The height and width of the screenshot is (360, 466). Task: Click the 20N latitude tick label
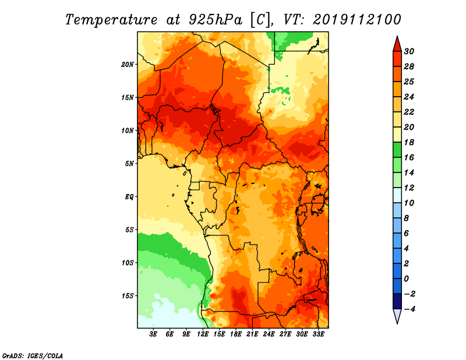128,65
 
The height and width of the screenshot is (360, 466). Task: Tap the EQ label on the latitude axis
129,197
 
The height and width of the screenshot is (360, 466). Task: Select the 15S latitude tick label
128,296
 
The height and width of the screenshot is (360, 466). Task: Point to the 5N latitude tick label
129,164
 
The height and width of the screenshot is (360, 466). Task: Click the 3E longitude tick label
153,334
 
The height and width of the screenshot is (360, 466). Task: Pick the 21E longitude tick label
252,334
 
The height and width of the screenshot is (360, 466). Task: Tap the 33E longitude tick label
318,334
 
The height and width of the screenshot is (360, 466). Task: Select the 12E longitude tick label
203,334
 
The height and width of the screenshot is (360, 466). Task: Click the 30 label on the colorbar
409,51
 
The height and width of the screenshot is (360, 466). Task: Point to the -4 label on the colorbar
409,309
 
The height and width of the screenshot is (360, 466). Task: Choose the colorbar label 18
409,142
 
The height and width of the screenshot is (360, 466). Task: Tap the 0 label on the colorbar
407,279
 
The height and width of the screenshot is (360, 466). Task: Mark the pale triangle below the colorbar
397,315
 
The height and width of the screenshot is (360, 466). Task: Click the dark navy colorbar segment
397,301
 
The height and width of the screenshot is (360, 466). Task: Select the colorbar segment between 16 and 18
397,150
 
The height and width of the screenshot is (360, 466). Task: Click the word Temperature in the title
111,20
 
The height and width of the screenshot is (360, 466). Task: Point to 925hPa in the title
216,20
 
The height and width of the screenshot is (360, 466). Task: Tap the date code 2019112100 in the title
357,20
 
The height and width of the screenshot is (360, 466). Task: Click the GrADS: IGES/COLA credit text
33,356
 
